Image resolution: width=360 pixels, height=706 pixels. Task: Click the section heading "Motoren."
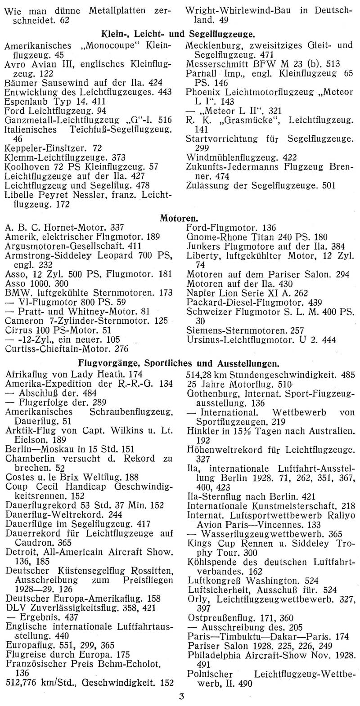[x=179, y=218]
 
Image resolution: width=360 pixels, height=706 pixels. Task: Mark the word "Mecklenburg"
[x=212, y=45]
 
